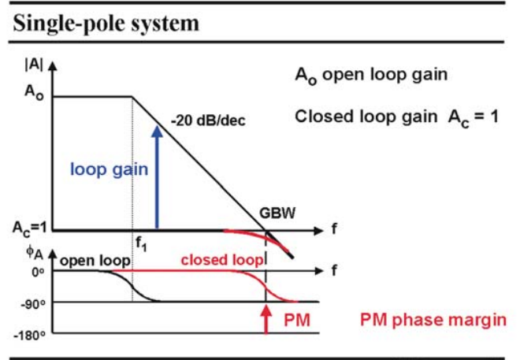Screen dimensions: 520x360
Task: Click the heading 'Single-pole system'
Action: click(106, 24)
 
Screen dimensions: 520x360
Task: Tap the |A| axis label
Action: click(34, 65)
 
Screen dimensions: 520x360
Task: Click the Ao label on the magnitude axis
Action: click(34, 92)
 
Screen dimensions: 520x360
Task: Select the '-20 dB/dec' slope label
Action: click(208, 121)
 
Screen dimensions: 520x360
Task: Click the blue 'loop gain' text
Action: click(109, 169)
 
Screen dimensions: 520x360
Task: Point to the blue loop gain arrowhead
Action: click(157, 132)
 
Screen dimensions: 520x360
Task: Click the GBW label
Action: click(277, 213)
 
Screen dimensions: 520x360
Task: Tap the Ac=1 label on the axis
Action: click(30, 228)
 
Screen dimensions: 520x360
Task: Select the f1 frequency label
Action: click(141, 244)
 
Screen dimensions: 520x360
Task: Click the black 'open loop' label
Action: click(95, 261)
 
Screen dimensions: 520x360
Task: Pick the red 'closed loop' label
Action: click(222, 260)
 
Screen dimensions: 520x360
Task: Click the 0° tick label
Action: click(38, 272)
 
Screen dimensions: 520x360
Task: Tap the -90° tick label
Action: click(33, 303)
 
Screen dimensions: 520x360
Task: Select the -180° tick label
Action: click(29, 335)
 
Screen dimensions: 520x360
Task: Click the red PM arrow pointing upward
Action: click(266, 320)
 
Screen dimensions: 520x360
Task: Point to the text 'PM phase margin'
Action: click(433, 321)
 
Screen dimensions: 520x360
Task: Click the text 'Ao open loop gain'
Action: click(371, 76)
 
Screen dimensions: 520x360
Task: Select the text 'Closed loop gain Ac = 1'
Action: click(396, 118)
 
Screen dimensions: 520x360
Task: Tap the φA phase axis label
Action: click(35, 253)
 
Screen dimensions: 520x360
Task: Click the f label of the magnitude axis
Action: click(334, 229)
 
